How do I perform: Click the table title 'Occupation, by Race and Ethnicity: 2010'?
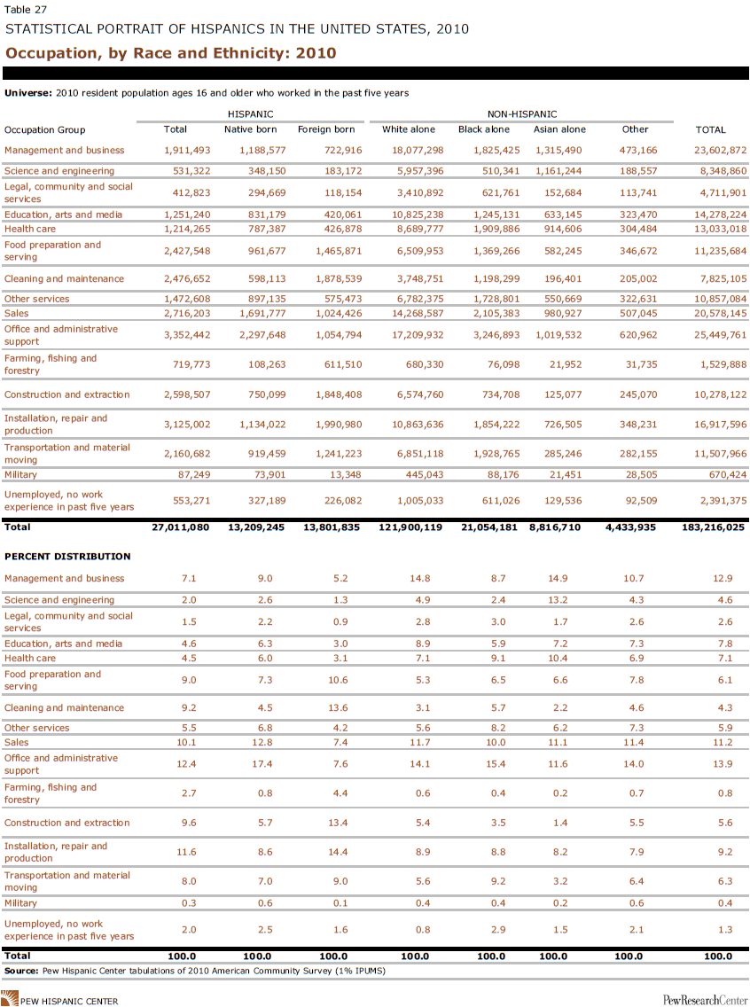point(170,52)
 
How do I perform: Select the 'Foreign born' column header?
point(326,129)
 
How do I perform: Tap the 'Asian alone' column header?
point(559,129)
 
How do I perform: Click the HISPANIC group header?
point(250,114)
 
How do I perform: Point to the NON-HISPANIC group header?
point(522,114)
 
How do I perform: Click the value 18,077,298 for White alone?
point(418,151)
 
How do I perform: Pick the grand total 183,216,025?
point(713,527)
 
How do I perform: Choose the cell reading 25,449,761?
point(721,334)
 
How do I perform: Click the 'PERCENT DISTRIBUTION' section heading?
point(67,556)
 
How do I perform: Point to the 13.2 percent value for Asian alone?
point(560,600)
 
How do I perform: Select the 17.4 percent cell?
point(264,763)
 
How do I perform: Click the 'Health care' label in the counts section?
point(30,229)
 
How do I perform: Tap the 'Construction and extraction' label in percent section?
point(66,823)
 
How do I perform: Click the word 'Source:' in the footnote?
point(22,971)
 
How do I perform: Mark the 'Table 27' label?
point(26,10)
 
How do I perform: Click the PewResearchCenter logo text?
point(705,1000)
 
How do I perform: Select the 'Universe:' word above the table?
point(28,92)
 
